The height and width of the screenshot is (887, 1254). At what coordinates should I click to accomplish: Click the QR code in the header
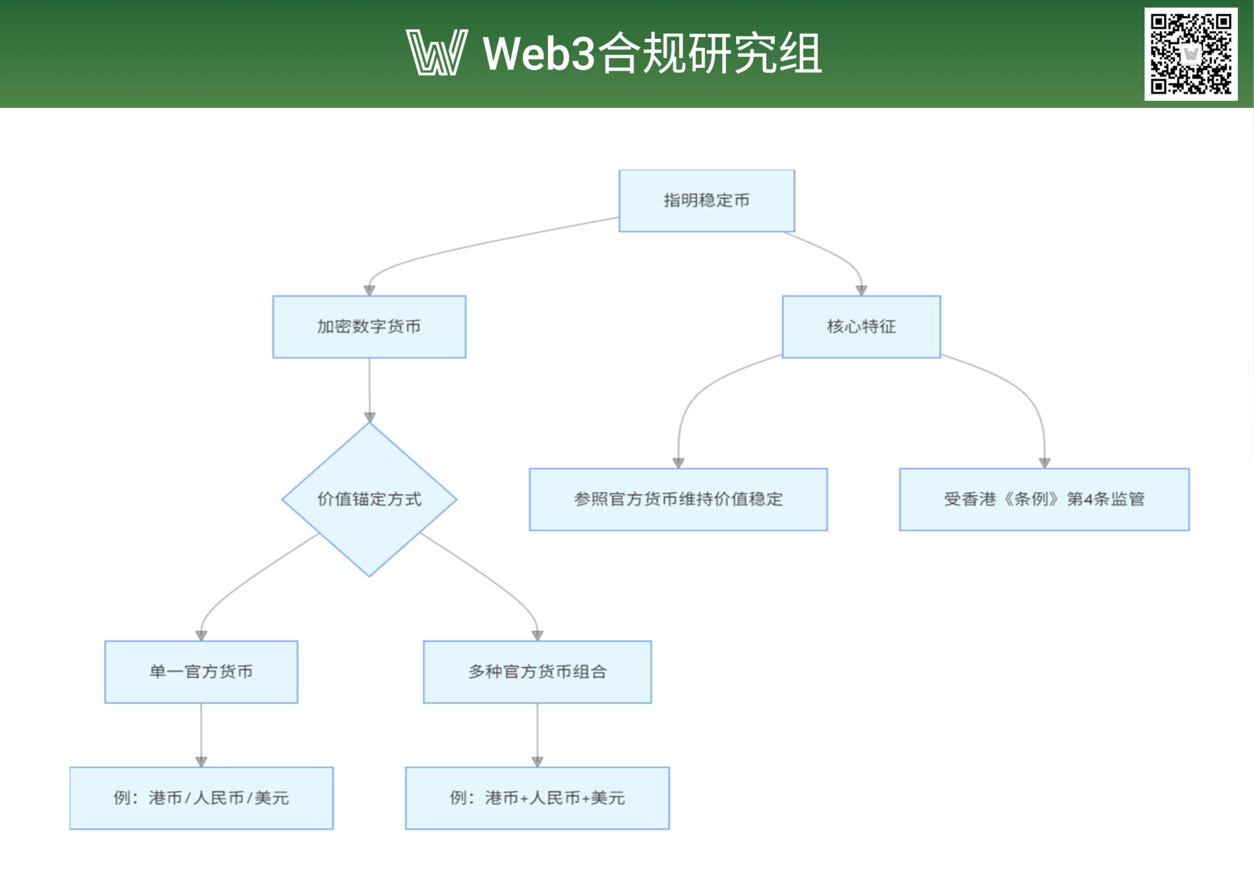(1191, 53)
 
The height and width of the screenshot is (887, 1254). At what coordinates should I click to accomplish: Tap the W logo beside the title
(437, 52)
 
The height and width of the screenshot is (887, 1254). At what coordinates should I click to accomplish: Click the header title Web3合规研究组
(652, 52)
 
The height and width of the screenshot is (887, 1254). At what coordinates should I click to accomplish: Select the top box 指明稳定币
(706, 200)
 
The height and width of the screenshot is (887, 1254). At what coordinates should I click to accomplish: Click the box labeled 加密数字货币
(370, 326)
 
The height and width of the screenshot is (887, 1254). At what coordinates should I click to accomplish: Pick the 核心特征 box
(861, 326)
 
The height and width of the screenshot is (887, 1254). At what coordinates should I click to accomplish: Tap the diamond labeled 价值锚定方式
(370, 499)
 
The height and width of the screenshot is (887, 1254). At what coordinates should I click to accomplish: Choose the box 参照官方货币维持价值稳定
(678, 499)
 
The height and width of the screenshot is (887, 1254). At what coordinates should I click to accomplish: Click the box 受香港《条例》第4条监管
(1044, 499)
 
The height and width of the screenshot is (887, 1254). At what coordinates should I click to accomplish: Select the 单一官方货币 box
(201, 672)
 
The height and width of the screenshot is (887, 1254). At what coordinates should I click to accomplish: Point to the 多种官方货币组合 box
(537, 672)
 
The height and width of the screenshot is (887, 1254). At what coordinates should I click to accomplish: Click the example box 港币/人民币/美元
(201, 798)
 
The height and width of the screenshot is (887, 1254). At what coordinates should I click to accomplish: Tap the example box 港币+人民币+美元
(537, 798)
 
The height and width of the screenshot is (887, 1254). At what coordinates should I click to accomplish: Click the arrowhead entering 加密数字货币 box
(370, 291)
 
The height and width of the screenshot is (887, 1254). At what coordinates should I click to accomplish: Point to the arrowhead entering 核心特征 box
(862, 291)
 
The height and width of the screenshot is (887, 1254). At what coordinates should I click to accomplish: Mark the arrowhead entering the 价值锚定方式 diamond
(370, 417)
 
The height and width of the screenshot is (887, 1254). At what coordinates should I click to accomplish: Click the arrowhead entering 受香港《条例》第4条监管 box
(1045, 463)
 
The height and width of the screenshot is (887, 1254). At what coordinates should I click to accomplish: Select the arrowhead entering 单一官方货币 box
(201, 636)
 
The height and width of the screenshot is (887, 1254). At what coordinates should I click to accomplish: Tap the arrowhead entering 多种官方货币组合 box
(538, 636)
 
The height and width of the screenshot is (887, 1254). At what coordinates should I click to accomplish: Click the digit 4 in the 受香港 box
(1088, 499)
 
